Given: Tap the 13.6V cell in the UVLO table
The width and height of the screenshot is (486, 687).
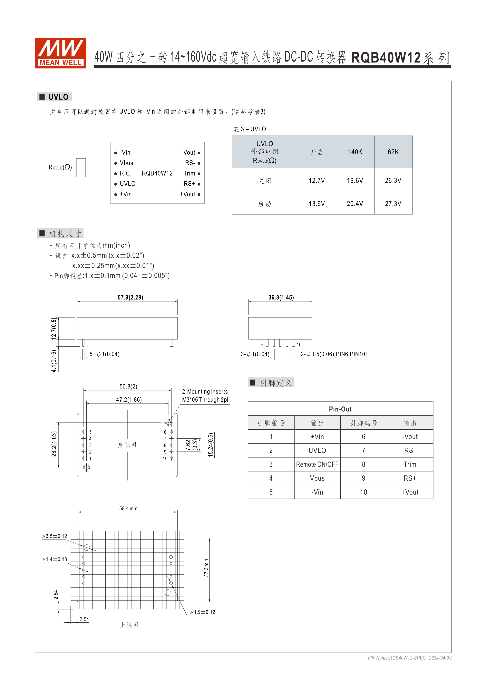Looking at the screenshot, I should (317, 204).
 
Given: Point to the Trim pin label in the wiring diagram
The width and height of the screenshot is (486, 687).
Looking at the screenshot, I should (189, 173).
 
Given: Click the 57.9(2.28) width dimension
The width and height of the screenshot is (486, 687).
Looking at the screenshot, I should (130, 297).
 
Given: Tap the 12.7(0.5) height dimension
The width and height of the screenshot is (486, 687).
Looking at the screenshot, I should (54, 328).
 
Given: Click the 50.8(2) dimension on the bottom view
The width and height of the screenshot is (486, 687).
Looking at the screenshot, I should (128, 386).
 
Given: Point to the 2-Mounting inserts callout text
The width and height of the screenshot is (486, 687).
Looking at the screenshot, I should (205, 392).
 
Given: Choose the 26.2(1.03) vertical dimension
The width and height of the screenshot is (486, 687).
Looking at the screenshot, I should (54, 444).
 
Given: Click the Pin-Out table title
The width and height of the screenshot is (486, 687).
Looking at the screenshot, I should (340, 409).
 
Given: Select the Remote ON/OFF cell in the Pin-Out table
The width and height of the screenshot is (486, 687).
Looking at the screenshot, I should (317, 464).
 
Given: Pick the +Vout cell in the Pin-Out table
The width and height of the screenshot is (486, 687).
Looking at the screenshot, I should (410, 492).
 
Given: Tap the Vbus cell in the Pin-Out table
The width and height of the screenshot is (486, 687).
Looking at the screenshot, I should (317, 478).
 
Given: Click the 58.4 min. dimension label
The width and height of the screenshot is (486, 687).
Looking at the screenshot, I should (129, 508).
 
